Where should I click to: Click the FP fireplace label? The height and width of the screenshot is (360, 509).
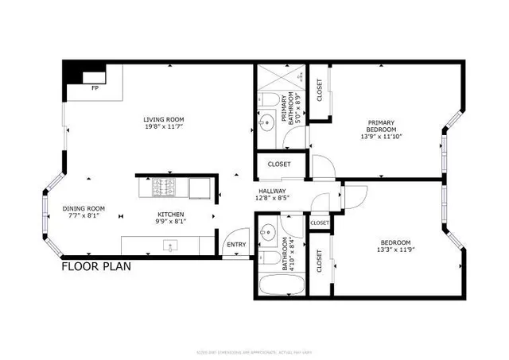95,88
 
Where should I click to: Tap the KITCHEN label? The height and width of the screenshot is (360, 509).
170,215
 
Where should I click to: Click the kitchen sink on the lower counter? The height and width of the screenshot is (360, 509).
169,242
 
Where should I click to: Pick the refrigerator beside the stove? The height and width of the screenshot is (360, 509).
200,188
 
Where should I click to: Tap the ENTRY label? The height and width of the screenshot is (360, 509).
236,244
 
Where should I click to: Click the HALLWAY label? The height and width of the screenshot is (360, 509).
273,192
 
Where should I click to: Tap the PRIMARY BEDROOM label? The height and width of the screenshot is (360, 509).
380,127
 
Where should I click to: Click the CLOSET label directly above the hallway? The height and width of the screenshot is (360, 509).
279,165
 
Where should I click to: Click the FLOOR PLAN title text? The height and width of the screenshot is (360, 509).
96,267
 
